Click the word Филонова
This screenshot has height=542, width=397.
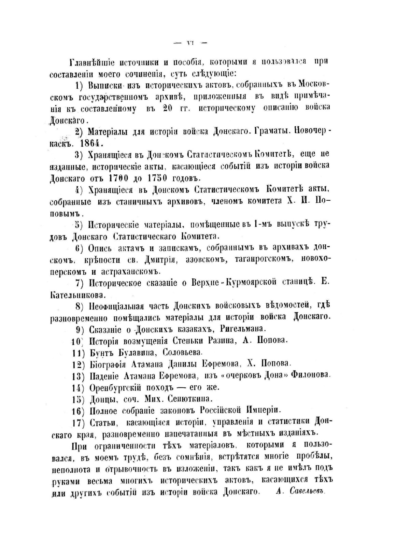click(x=311, y=375)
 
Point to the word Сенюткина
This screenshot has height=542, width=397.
click(x=193, y=398)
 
